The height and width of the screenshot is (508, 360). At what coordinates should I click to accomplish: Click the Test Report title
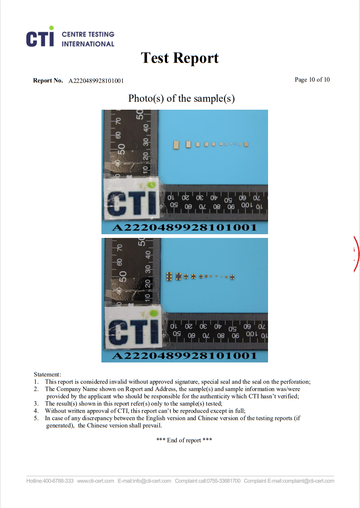[180, 58]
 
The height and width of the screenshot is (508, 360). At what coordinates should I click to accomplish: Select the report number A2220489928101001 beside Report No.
[96, 81]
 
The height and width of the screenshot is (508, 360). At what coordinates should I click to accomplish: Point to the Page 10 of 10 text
[312, 80]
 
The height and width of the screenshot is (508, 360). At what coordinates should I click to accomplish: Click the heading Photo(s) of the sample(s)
[181, 99]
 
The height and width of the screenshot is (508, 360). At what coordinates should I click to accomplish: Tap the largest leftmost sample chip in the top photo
[176, 145]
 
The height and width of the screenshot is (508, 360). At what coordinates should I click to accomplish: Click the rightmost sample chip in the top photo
[246, 144]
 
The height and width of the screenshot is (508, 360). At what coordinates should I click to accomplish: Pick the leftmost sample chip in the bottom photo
[169, 276]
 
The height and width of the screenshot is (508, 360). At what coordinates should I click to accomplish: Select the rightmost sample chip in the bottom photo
[232, 277]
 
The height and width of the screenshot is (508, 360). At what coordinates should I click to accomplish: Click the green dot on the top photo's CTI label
[151, 185]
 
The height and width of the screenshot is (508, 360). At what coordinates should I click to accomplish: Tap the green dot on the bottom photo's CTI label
[154, 313]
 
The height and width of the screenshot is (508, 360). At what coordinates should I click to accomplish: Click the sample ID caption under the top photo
[184, 228]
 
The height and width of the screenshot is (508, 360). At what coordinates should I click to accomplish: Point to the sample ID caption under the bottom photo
[184, 356]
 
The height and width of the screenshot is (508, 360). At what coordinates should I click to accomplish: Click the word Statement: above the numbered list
[47, 374]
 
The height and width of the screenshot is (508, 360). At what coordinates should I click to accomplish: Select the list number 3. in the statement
[36, 404]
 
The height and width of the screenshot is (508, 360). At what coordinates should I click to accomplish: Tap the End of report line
[184, 440]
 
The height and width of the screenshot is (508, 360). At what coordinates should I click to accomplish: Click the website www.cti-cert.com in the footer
[96, 481]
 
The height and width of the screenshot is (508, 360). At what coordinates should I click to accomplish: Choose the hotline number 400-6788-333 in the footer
[58, 481]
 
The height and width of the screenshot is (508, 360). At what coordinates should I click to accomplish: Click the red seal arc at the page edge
[357, 254]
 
